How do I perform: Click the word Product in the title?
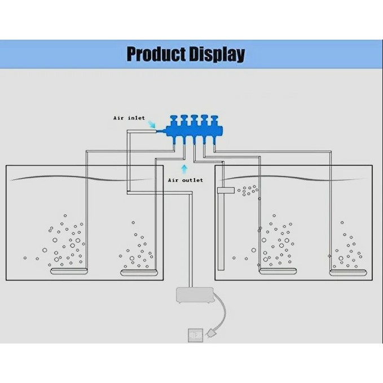(x=156, y=54)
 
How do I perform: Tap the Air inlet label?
(x=129, y=118)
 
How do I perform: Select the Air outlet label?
(x=185, y=180)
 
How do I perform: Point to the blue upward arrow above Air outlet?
(x=184, y=168)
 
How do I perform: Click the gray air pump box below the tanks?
(x=195, y=296)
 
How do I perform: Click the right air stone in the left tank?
(x=138, y=273)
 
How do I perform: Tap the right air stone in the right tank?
(x=347, y=273)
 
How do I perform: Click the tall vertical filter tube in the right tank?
(x=221, y=231)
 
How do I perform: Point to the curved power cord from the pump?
(x=224, y=313)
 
